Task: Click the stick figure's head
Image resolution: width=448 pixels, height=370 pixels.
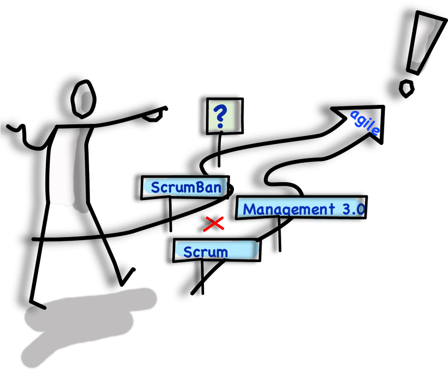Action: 83,99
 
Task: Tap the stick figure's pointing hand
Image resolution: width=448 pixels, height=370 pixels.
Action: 155,113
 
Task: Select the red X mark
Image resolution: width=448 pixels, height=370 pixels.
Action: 214,224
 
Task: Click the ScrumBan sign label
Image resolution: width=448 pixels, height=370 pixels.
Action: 186,187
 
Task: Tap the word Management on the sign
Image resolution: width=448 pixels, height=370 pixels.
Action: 289,209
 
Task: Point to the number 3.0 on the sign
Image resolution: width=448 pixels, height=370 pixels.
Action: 354,209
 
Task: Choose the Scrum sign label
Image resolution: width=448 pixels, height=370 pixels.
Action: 206,252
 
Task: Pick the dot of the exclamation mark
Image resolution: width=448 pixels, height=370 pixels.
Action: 406,89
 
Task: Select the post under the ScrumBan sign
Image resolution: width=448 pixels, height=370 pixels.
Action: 170,214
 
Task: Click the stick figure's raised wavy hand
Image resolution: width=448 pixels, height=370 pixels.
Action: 17,132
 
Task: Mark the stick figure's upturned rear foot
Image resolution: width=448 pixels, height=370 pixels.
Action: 127,277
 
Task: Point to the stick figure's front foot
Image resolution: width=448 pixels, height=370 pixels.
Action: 37,304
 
